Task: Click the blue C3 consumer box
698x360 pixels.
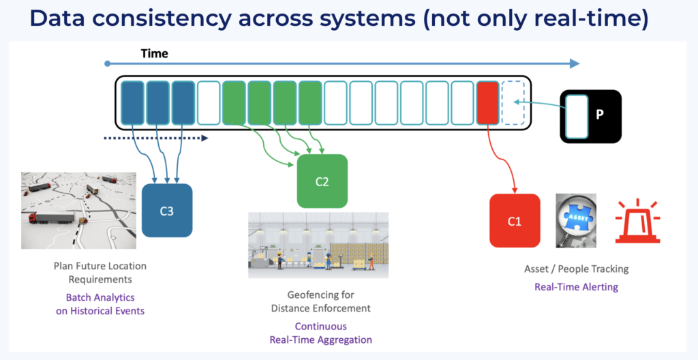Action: tap(167, 211)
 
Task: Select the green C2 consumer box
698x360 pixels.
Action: tap(322, 181)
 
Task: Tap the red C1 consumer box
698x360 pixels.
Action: tap(515, 220)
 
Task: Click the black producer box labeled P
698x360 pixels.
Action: tap(591, 115)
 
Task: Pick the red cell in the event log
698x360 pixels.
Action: tap(487, 103)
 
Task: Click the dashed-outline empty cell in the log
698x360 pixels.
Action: tap(513, 103)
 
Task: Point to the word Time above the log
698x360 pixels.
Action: tap(154, 53)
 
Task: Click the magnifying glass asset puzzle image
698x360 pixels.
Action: tap(576, 220)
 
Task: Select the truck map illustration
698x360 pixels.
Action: tap(70, 209)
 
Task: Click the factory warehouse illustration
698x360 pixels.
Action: tap(318, 245)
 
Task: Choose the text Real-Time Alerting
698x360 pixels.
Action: tap(576, 287)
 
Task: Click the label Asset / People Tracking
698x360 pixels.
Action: tap(576, 269)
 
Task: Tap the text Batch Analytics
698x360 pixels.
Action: tap(100, 297)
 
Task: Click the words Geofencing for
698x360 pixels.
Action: tap(320, 295)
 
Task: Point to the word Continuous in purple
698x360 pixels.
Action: tap(320, 326)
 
